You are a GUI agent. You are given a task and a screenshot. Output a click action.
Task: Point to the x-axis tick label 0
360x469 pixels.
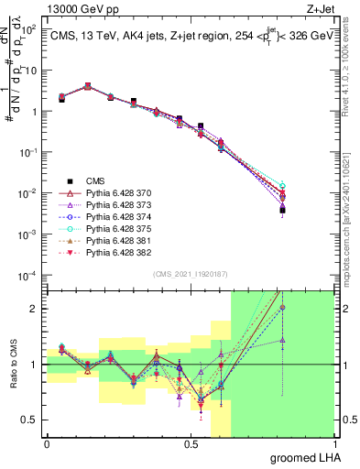click(47, 443)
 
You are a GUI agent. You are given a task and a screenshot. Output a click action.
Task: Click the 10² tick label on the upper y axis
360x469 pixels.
click(31, 30)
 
